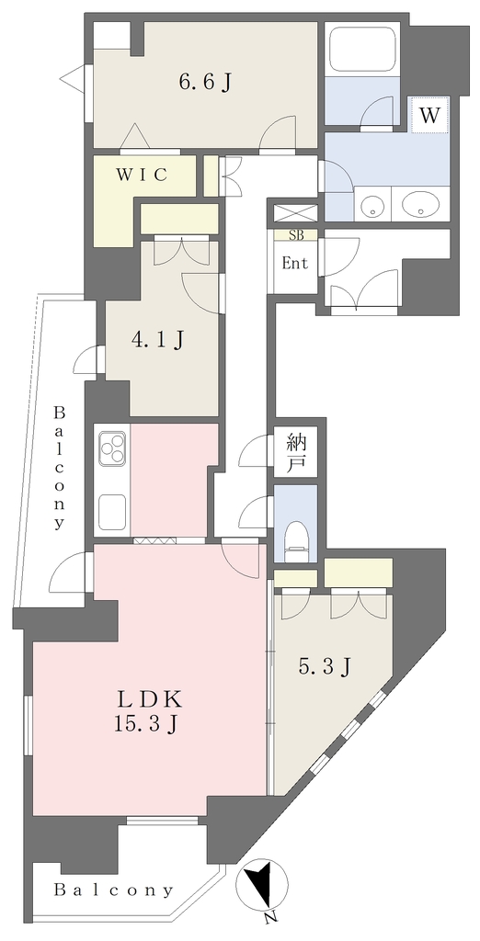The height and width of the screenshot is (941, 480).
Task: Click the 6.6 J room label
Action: [x=205, y=83]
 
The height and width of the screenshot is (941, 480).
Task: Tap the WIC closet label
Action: [x=142, y=175]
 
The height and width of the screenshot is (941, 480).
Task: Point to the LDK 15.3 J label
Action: [x=148, y=712]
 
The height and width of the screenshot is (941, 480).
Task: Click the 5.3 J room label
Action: [x=325, y=665]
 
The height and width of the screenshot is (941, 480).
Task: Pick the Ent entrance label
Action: [x=295, y=264]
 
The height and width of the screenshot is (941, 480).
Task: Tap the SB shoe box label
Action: [x=296, y=235]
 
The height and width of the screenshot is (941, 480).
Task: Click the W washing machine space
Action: [x=429, y=115]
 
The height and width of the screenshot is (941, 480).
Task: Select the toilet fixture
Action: [x=296, y=536]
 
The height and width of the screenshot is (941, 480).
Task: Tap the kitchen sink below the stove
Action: [x=112, y=512]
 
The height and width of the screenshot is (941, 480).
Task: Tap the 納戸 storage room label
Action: [x=296, y=454]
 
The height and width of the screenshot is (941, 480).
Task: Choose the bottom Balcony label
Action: [x=114, y=890]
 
